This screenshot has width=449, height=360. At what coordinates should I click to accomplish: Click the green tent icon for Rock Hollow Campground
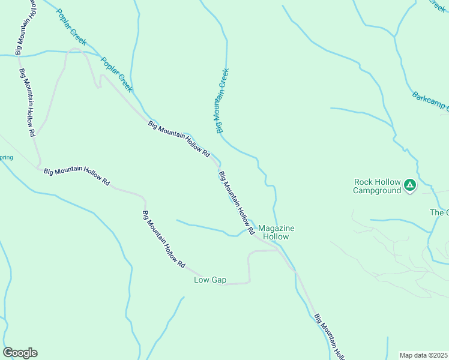(x=410, y=185)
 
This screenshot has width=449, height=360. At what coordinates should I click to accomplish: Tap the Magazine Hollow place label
(x=276, y=232)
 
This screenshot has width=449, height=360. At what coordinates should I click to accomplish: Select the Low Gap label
(x=210, y=280)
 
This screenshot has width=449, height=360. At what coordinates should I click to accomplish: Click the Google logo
(x=20, y=353)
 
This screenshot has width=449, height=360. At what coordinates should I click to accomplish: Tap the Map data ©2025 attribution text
(x=423, y=355)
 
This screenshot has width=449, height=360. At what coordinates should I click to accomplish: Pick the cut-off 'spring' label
(x=7, y=157)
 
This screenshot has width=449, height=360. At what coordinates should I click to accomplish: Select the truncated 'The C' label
(x=439, y=212)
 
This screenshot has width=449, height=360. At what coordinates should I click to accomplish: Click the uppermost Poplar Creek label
(x=72, y=28)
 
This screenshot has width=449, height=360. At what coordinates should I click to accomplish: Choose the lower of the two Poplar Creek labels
(x=116, y=74)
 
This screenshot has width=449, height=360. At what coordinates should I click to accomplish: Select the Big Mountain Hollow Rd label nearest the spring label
(x=77, y=175)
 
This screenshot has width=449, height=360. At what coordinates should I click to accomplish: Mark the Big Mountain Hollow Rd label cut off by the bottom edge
(x=330, y=336)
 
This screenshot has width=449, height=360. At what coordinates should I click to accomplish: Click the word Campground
(x=376, y=191)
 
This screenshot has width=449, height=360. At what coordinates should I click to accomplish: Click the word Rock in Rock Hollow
(x=364, y=182)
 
